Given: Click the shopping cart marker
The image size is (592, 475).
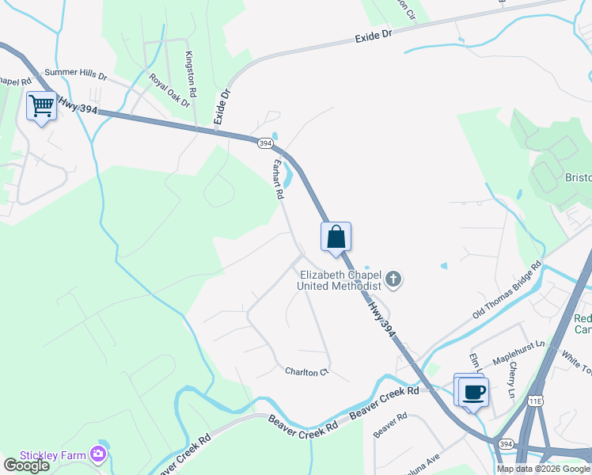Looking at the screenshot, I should [41, 106].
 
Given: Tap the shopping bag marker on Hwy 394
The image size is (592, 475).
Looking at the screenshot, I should [336, 237].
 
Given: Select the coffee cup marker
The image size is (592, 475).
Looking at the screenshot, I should [474, 392].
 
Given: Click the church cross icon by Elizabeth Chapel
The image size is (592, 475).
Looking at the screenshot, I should [393, 280].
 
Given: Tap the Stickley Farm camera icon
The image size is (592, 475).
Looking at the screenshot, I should [98, 454].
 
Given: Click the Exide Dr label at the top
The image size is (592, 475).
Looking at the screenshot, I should [374, 36].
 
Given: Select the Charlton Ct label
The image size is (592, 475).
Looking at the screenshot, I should [306, 371].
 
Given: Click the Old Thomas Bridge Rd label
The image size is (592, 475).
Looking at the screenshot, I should [507, 290].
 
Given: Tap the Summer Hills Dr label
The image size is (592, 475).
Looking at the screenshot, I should [75, 74].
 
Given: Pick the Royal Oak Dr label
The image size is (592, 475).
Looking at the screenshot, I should [170, 90].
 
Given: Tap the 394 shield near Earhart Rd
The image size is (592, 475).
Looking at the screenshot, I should [265, 143].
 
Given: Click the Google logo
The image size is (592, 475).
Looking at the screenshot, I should [26, 465].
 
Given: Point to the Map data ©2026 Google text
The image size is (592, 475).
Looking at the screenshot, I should [543, 469].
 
